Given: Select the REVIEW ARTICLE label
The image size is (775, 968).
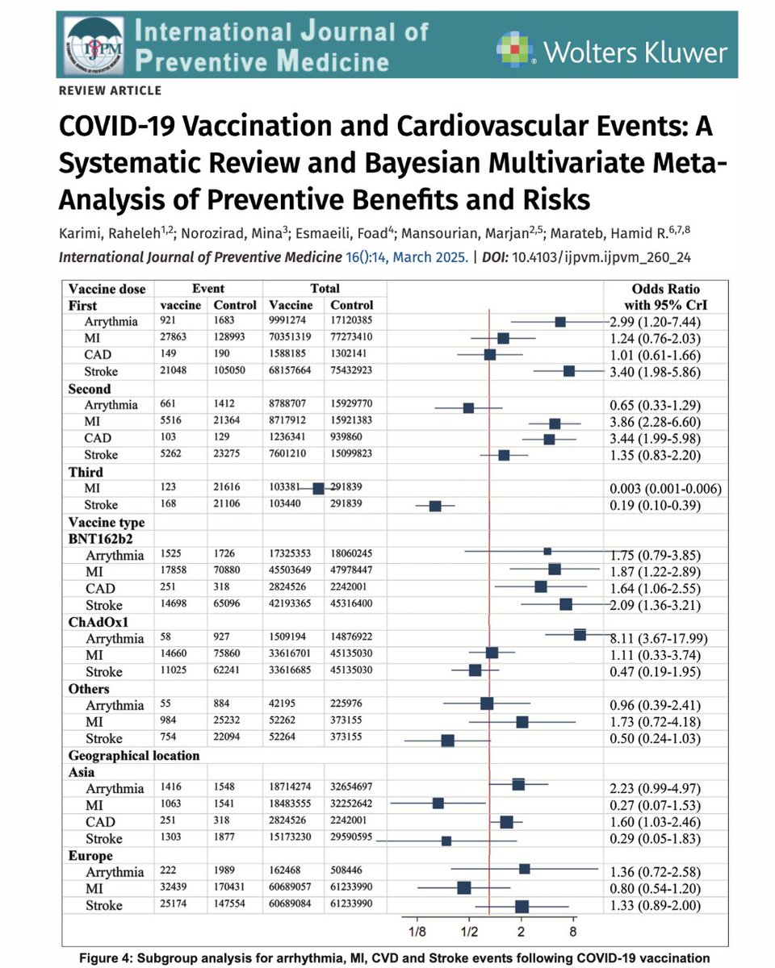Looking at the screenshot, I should (111, 90).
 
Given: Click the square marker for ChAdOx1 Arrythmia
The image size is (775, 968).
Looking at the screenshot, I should (580, 635).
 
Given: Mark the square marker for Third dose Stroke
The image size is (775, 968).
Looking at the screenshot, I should (435, 506).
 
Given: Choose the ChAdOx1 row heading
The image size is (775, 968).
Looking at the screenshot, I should (99, 622).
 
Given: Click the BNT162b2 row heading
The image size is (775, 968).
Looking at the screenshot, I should (103, 539).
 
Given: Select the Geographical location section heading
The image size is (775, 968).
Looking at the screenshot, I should (134, 756).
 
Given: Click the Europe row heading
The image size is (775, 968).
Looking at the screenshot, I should (90, 856).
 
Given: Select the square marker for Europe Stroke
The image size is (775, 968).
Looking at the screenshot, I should (522, 907).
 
